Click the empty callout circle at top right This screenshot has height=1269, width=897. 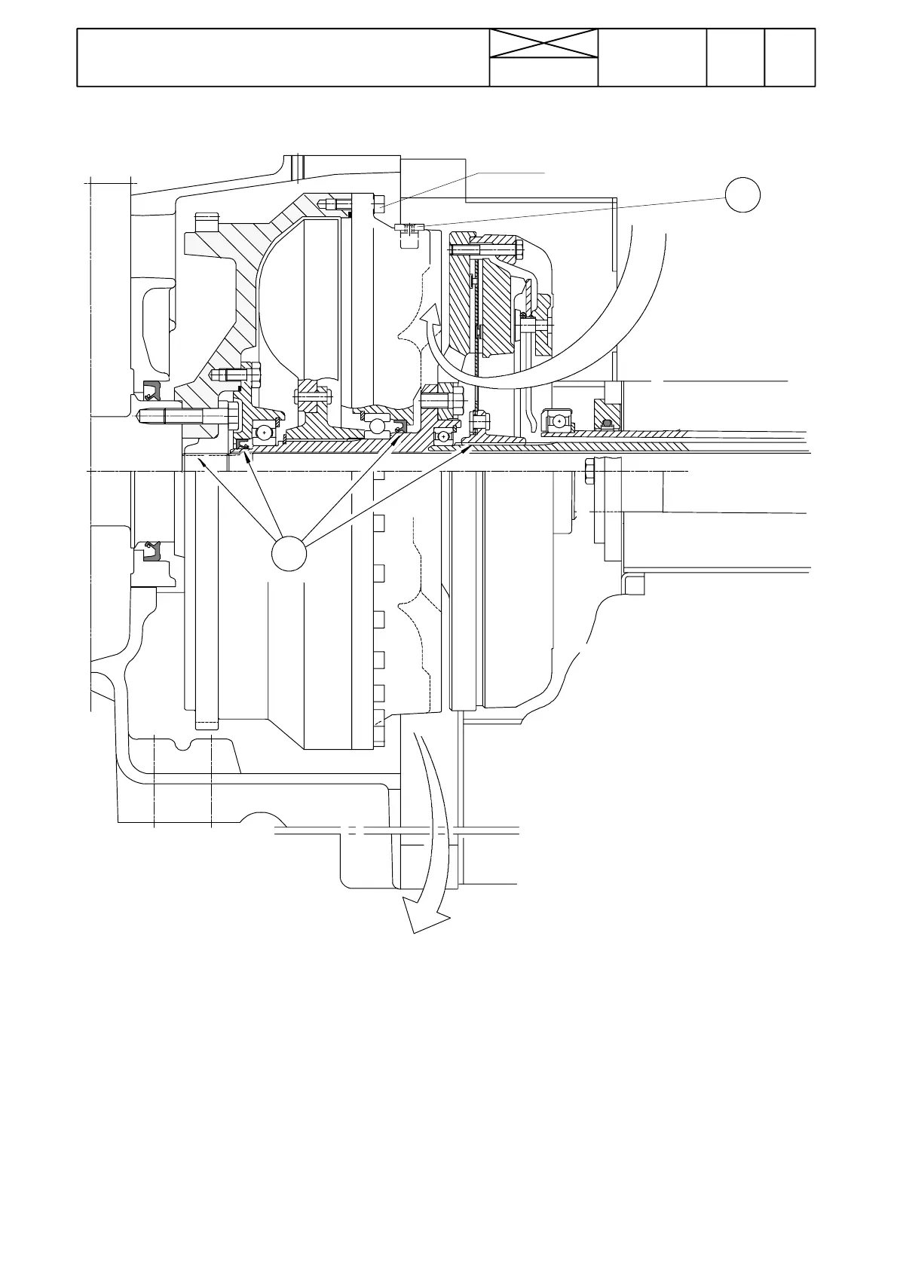tap(742, 194)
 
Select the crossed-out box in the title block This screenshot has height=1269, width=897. tap(543, 44)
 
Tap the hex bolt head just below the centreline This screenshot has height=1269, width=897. tap(589, 473)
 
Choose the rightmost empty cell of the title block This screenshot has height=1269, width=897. tap(790, 58)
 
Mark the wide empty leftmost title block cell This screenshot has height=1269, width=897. tap(283, 58)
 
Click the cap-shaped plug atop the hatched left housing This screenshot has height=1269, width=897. tap(207, 225)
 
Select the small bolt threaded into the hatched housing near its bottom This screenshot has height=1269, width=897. tap(236, 373)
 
